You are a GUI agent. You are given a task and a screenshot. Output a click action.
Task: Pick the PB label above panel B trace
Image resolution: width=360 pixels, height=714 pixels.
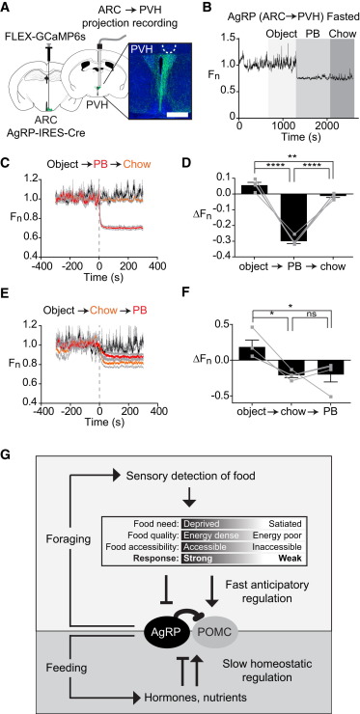[312, 34]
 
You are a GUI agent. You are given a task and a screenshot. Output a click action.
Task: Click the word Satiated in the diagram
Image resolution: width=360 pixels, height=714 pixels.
[286, 522]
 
